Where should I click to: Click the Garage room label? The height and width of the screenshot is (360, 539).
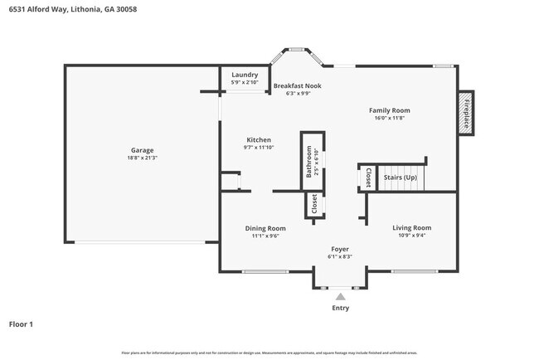tap(142, 150)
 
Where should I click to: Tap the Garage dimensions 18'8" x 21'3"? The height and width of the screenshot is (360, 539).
tap(142, 158)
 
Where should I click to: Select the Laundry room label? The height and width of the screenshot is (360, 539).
tap(245, 75)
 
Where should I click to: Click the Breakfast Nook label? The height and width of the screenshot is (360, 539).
tap(297, 85)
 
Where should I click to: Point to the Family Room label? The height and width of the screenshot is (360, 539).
tap(390, 110)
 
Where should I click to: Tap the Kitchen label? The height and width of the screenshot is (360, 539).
tap(259, 140)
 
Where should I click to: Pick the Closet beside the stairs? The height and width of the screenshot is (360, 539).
tap(368, 178)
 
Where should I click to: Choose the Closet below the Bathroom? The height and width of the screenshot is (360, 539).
tap(313, 203)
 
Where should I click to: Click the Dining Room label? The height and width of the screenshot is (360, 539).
tap(265, 228)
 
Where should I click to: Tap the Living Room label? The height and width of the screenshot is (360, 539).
tap(412, 227)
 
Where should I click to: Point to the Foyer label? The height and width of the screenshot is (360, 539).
tap(340, 249)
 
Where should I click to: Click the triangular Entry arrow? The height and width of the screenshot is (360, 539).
tap(340, 295)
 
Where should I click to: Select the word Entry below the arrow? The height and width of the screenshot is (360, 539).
tap(340, 308)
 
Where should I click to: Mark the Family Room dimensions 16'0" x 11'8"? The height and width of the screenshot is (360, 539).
tap(390, 118)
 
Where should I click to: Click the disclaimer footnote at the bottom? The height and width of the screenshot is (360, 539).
tap(269, 353)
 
